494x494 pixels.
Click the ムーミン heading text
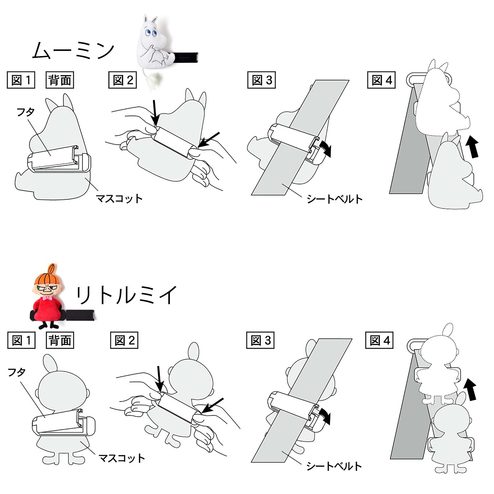[x=73, y=50]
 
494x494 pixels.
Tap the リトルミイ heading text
[x=126, y=295]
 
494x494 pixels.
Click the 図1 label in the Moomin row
[x=21, y=80]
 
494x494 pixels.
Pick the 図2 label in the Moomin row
[x=123, y=80]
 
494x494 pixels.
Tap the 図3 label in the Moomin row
[x=261, y=80]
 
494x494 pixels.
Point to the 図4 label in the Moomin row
[x=381, y=80]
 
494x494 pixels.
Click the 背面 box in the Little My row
[x=60, y=340]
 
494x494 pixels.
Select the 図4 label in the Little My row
[x=380, y=340]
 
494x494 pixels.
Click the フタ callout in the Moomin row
[x=26, y=112]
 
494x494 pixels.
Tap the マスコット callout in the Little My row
[x=122, y=458]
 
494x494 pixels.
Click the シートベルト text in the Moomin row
[x=334, y=199]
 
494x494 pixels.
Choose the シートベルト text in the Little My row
[x=334, y=466]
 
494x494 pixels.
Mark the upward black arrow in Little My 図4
[x=471, y=389]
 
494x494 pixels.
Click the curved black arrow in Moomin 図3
[x=326, y=148]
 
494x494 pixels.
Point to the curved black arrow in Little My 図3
[x=325, y=416]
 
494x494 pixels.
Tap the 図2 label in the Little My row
[x=124, y=340]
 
